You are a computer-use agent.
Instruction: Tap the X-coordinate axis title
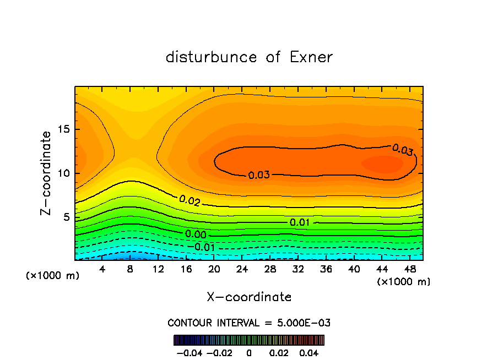249,297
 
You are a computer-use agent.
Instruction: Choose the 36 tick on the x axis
312,269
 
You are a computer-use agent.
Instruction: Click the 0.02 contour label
189,201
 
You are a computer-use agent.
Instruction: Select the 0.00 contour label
196,234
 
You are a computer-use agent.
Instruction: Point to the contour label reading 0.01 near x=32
300,222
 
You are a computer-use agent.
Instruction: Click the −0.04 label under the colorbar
188,352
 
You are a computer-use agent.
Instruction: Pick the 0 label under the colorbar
249,352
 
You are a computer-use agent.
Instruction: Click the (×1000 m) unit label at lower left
53,276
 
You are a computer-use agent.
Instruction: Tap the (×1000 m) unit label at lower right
404,282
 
